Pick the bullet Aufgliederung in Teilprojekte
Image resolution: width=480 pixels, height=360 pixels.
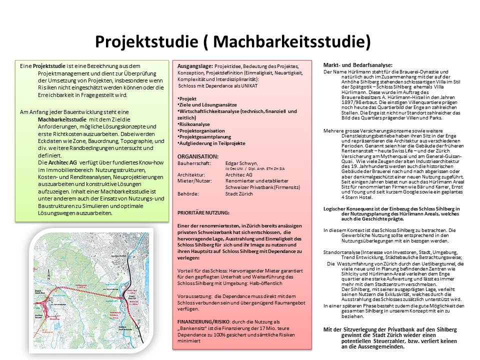pyautogui.click(x=212, y=143)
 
